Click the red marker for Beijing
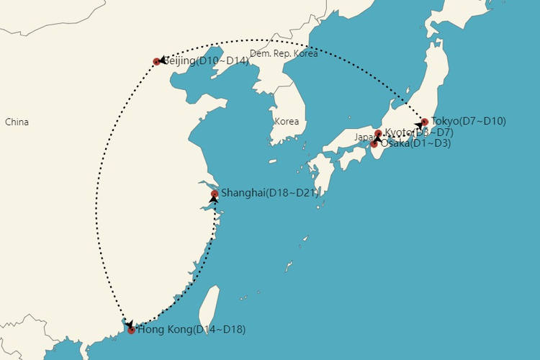(157, 62)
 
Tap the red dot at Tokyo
(425, 122)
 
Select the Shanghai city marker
(215, 194)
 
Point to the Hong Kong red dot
(131, 330)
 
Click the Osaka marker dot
(374, 145)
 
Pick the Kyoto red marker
(379, 133)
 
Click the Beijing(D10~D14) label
(207, 61)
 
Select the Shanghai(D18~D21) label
(269, 192)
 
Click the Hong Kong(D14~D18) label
(191, 330)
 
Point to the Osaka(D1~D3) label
(415, 144)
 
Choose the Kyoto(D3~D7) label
(420, 132)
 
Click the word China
(17, 122)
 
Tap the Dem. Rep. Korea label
(284, 53)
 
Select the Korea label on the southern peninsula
(287, 121)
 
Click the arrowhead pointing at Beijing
(162, 60)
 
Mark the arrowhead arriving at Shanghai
(214, 199)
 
